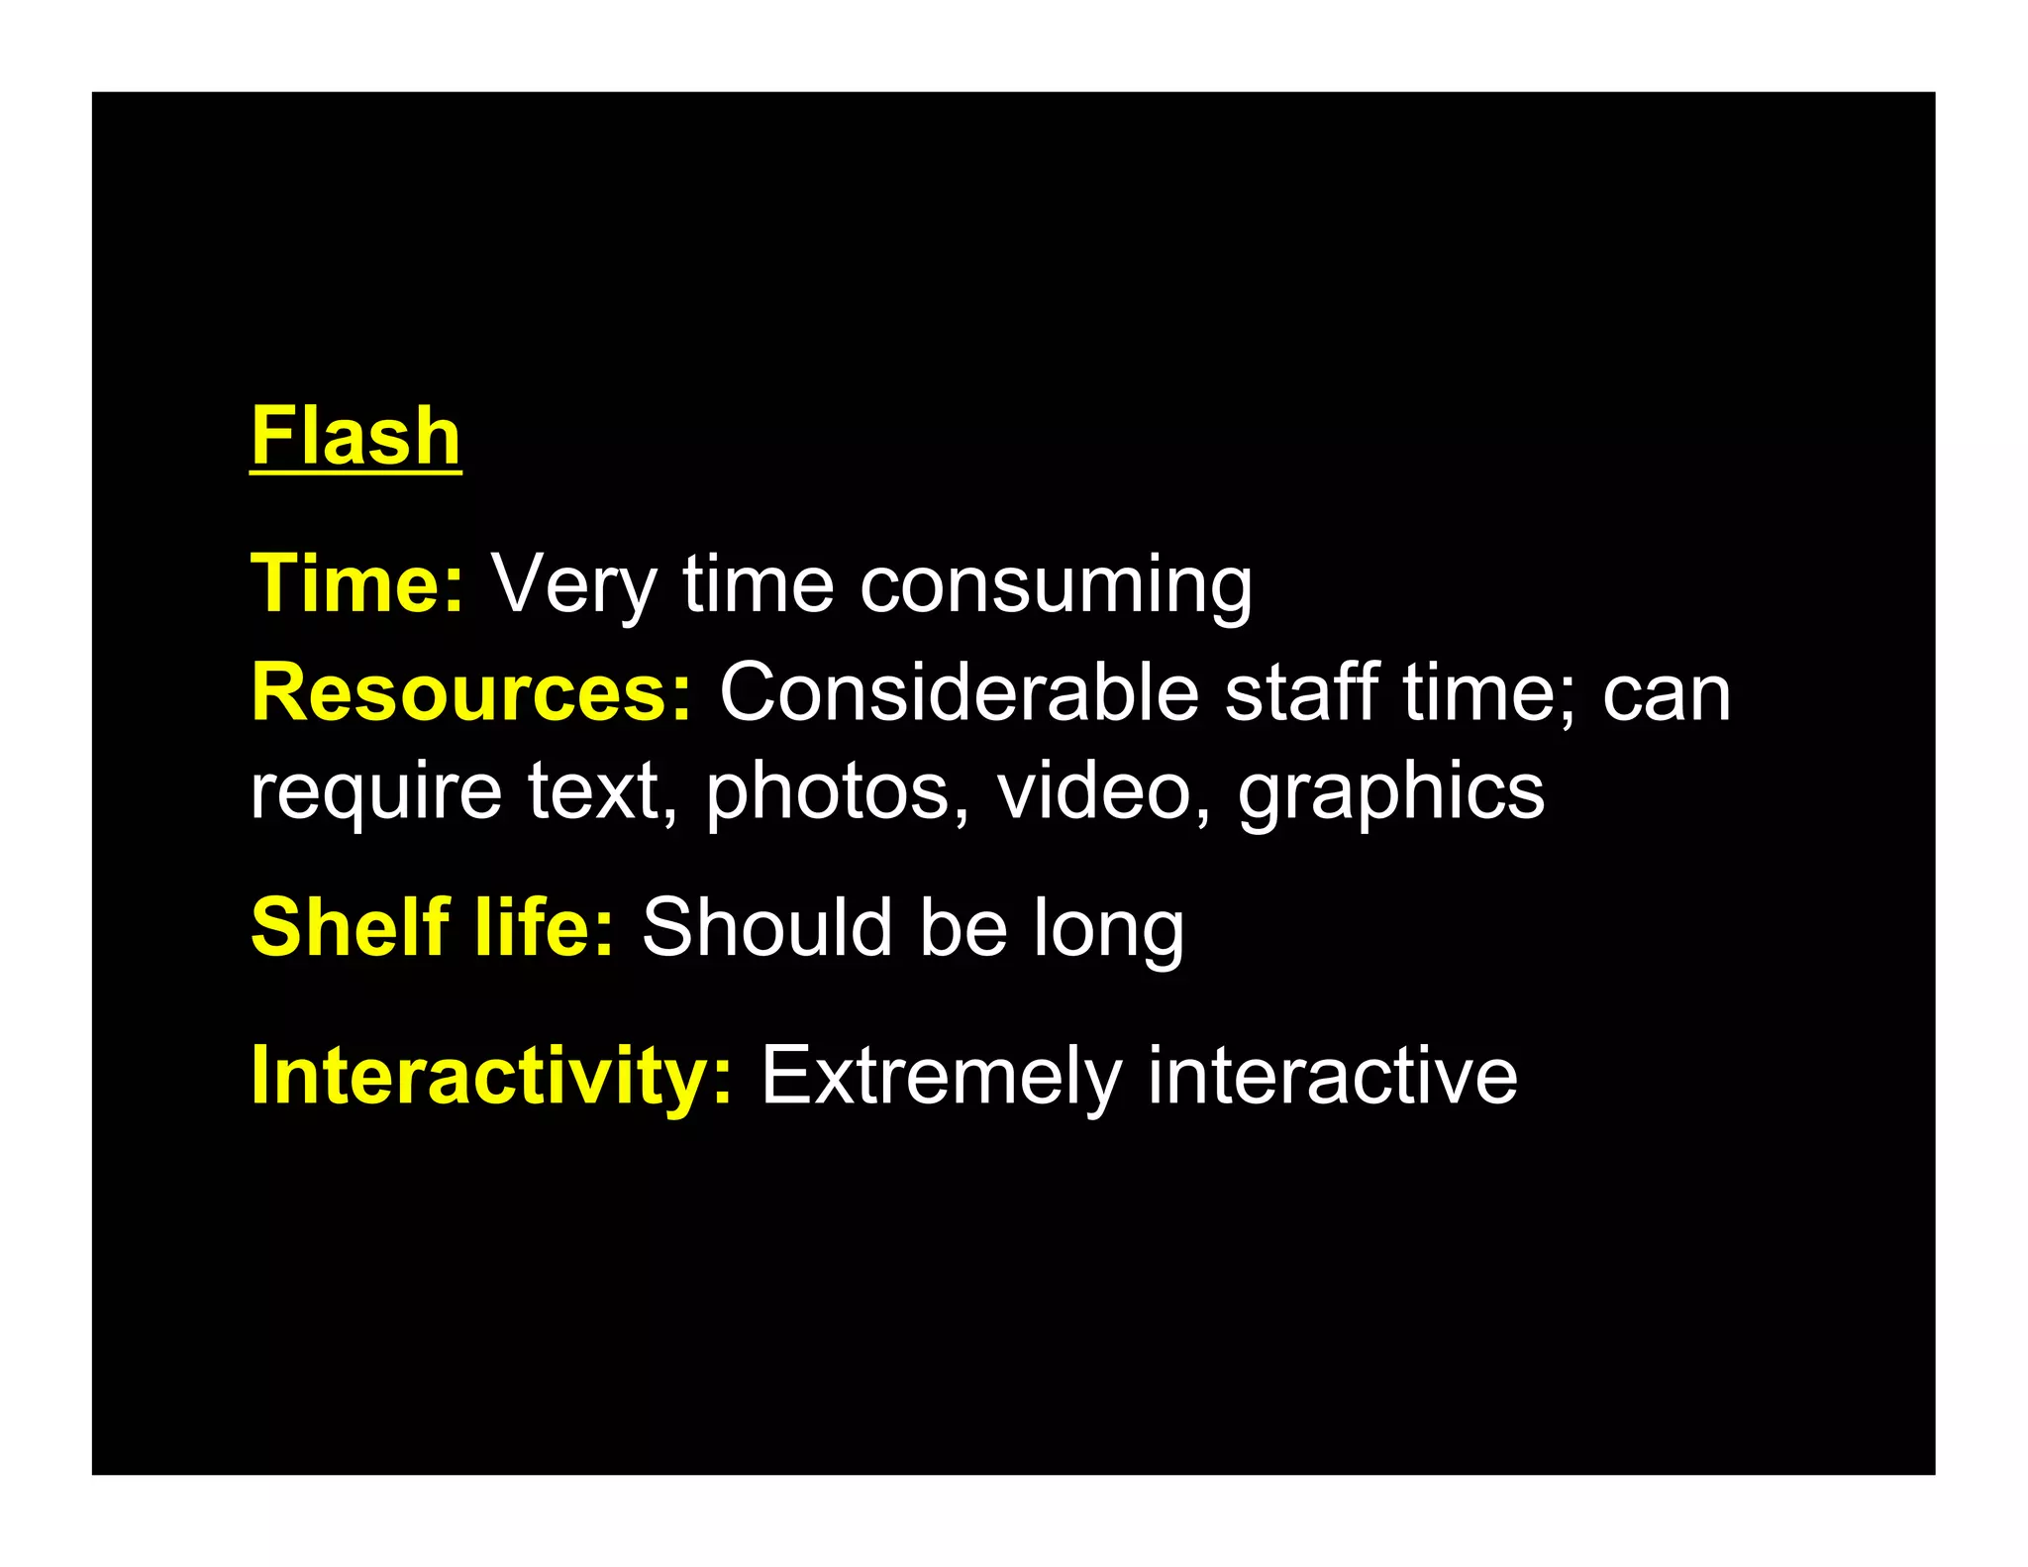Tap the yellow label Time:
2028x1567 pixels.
(357, 583)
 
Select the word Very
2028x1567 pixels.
(573, 585)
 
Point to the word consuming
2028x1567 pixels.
(1056, 585)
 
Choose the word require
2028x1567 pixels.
(375, 792)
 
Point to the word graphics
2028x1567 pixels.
(1390, 792)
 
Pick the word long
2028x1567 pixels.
(1108, 928)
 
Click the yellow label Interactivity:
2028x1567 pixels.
(492, 1076)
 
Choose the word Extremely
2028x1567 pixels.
(942, 1076)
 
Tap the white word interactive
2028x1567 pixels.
(1332, 1075)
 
